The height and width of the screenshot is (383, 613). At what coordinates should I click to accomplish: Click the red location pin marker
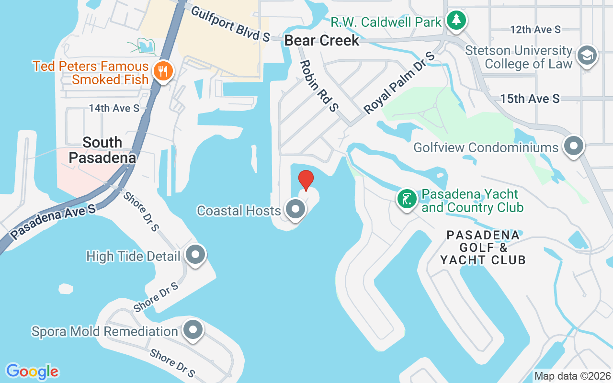306,180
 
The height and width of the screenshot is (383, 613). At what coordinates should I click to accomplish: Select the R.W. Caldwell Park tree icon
456,21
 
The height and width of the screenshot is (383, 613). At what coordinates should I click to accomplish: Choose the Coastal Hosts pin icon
295,209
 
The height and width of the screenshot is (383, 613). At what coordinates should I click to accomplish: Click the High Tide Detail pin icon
195,255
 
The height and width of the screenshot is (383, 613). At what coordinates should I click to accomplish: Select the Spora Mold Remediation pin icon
193,330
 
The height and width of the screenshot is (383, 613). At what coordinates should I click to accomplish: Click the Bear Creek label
322,41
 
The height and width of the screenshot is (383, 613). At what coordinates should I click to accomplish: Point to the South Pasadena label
102,150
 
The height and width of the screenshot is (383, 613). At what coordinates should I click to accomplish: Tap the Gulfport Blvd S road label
230,23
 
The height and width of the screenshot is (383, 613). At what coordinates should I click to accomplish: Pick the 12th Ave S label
535,30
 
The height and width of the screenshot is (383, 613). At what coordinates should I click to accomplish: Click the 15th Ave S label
530,99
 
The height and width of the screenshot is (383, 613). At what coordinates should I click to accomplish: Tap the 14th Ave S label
114,109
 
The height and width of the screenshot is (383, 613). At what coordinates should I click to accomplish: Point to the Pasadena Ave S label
53,221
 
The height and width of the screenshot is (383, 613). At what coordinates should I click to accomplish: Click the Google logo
32,372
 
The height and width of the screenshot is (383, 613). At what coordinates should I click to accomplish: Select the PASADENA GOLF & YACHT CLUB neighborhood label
483,248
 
